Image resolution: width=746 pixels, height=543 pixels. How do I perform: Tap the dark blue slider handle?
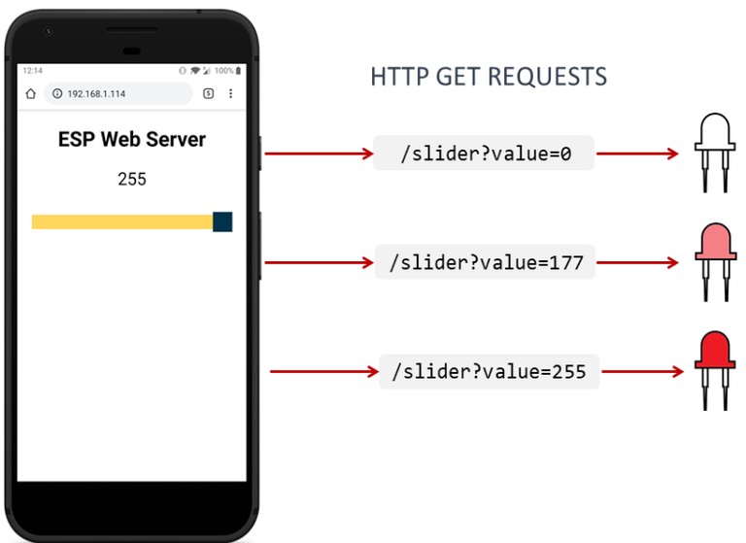pyautogui.click(x=222, y=221)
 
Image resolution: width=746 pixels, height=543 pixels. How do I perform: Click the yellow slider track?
pyautogui.click(x=122, y=221)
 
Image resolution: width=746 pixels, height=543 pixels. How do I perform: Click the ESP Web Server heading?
pyautogui.click(x=132, y=140)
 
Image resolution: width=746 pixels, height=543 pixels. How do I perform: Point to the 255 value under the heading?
pyautogui.click(x=132, y=180)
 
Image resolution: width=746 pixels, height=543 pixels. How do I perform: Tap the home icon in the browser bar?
pyautogui.click(x=31, y=93)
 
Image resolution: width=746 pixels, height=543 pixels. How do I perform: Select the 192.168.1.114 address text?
pyautogui.click(x=96, y=94)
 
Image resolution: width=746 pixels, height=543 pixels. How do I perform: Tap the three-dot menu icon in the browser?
pyautogui.click(x=231, y=93)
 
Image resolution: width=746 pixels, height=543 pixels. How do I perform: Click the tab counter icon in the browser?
pyautogui.click(x=209, y=93)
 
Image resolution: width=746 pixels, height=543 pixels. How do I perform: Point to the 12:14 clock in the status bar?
pyautogui.click(x=33, y=71)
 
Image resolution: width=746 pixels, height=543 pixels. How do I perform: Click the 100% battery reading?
pyautogui.click(x=223, y=71)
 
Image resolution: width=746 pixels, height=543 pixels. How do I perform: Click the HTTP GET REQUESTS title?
pyautogui.click(x=489, y=77)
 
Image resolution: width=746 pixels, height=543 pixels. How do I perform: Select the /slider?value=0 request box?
pyautogui.click(x=484, y=153)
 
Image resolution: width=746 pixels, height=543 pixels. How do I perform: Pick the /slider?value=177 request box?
pyautogui.click(x=485, y=261)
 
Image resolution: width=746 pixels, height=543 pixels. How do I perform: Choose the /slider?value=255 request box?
pyautogui.click(x=490, y=371)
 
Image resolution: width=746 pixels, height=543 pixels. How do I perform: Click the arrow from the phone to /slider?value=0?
pyautogui.click(x=319, y=153)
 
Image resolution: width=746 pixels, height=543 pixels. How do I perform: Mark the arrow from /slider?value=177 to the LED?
pyautogui.click(x=637, y=262)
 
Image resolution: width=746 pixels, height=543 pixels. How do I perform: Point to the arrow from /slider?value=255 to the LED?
pyautogui.click(x=643, y=371)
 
